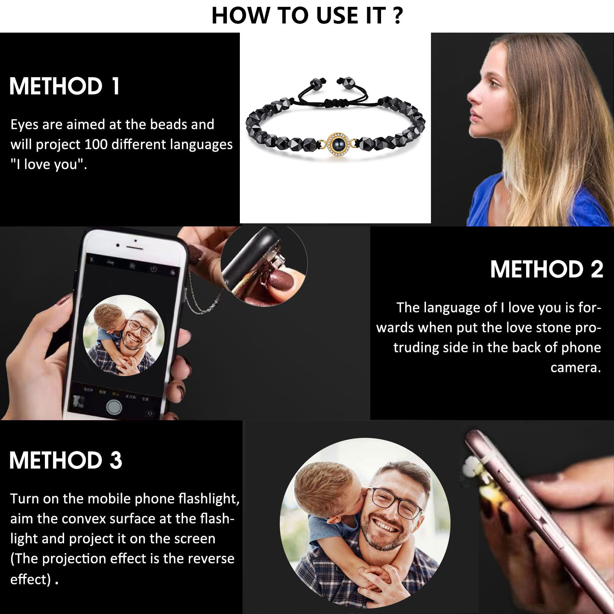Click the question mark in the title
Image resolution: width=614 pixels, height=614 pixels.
point(398,16)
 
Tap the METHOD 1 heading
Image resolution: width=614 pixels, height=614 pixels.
point(64,86)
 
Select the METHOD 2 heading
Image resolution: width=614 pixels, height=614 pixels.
point(546,269)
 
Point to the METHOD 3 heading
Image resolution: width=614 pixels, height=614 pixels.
point(66,460)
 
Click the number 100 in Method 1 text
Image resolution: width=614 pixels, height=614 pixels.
point(96,144)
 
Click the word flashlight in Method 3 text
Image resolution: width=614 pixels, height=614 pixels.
point(209,498)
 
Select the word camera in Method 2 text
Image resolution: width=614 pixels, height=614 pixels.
point(575,368)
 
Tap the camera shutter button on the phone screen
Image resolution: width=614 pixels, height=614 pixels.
point(114,407)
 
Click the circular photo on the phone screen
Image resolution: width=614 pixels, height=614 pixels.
point(124,335)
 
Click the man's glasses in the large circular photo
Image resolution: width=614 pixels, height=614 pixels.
point(397,500)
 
